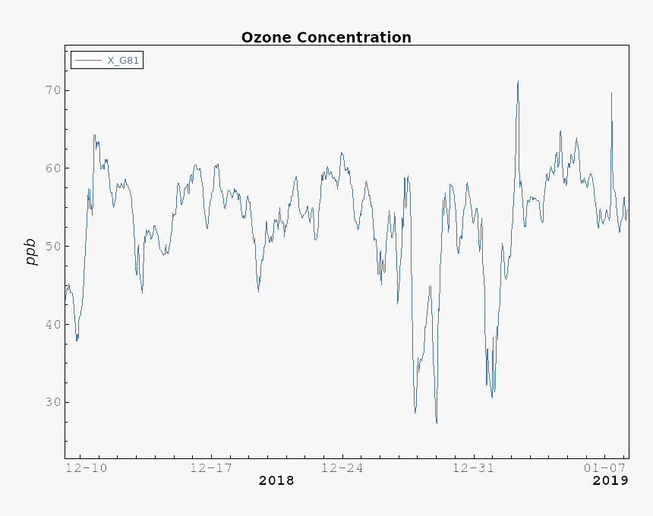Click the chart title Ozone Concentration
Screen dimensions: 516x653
click(x=326, y=37)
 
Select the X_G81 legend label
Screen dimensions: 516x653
click(x=123, y=60)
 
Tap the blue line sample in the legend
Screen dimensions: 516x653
click(x=88, y=60)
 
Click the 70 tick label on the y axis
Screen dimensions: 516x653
click(x=52, y=90)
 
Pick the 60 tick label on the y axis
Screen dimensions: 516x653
click(x=52, y=168)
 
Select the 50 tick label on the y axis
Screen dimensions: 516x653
click(x=52, y=247)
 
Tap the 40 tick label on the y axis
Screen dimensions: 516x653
click(x=52, y=325)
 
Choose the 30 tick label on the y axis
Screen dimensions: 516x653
click(x=52, y=402)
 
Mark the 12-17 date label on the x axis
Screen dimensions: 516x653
click(x=211, y=467)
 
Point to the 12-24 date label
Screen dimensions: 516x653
click(x=342, y=467)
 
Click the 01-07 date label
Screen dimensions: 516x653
click(x=604, y=467)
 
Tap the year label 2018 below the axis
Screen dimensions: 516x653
click(x=276, y=480)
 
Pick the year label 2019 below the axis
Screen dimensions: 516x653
click(x=610, y=480)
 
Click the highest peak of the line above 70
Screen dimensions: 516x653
click(x=518, y=81)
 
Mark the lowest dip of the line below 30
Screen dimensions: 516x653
click(x=437, y=423)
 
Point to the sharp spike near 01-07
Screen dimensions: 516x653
click(x=611, y=93)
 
